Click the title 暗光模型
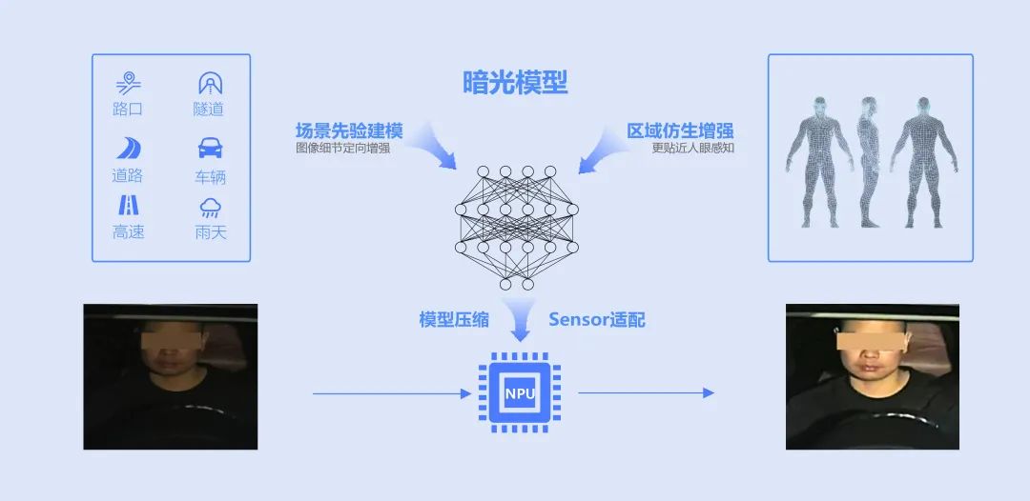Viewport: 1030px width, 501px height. click(515, 84)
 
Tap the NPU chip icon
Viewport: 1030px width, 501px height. click(520, 392)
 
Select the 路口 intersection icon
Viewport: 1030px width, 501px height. click(129, 83)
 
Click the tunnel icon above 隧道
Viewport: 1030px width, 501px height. click(210, 83)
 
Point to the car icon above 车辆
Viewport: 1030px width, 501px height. click(210, 149)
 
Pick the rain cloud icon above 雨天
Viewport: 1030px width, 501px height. click(210, 208)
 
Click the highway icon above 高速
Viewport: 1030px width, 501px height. click(129, 206)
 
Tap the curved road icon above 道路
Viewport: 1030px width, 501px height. click(129, 149)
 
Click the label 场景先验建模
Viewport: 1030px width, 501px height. click(348, 130)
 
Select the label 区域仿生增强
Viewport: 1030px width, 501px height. click(680, 130)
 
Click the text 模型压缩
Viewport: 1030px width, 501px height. click(454, 320)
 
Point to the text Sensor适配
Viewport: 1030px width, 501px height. click(597, 320)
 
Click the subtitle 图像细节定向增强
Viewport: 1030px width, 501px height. click(342, 149)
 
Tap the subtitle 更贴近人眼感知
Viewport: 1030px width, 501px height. click(693, 149)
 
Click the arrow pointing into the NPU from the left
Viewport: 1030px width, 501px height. click(392, 392)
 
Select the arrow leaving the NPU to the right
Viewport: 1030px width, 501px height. click(646, 392)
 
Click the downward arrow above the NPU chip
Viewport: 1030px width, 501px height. click(520, 324)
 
